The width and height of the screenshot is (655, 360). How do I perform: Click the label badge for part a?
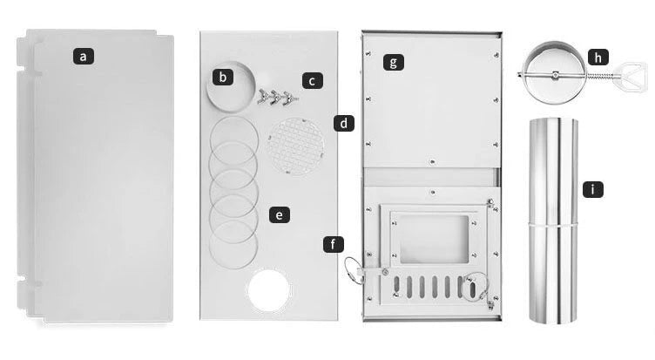click(x=84, y=56)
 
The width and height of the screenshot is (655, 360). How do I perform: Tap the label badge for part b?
click(x=223, y=77)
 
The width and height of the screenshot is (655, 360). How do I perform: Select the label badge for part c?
click(x=313, y=81)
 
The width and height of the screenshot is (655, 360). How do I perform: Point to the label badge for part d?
click(x=344, y=124)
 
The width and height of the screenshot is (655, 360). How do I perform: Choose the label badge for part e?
click(x=280, y=215)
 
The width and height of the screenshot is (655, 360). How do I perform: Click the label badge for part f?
click(x=334, y=244)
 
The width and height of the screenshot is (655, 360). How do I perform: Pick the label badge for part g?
click(x=394, y=62)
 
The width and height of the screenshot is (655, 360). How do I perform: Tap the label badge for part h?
click(x=598, y=57)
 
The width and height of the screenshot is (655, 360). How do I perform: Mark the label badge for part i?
click(x=593, y=189)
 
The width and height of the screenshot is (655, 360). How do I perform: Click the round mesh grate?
click(x=296, y=146)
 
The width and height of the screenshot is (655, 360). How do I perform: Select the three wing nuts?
click(x=278, y=97)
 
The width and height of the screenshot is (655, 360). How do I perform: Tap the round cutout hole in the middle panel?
click(x=268, y=290)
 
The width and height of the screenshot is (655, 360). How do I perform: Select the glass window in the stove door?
click(x=435, y=239)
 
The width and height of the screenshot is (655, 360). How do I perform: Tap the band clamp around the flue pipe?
click(x=553, y=225)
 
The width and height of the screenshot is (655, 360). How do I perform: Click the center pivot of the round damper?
click(x=555, y=75)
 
